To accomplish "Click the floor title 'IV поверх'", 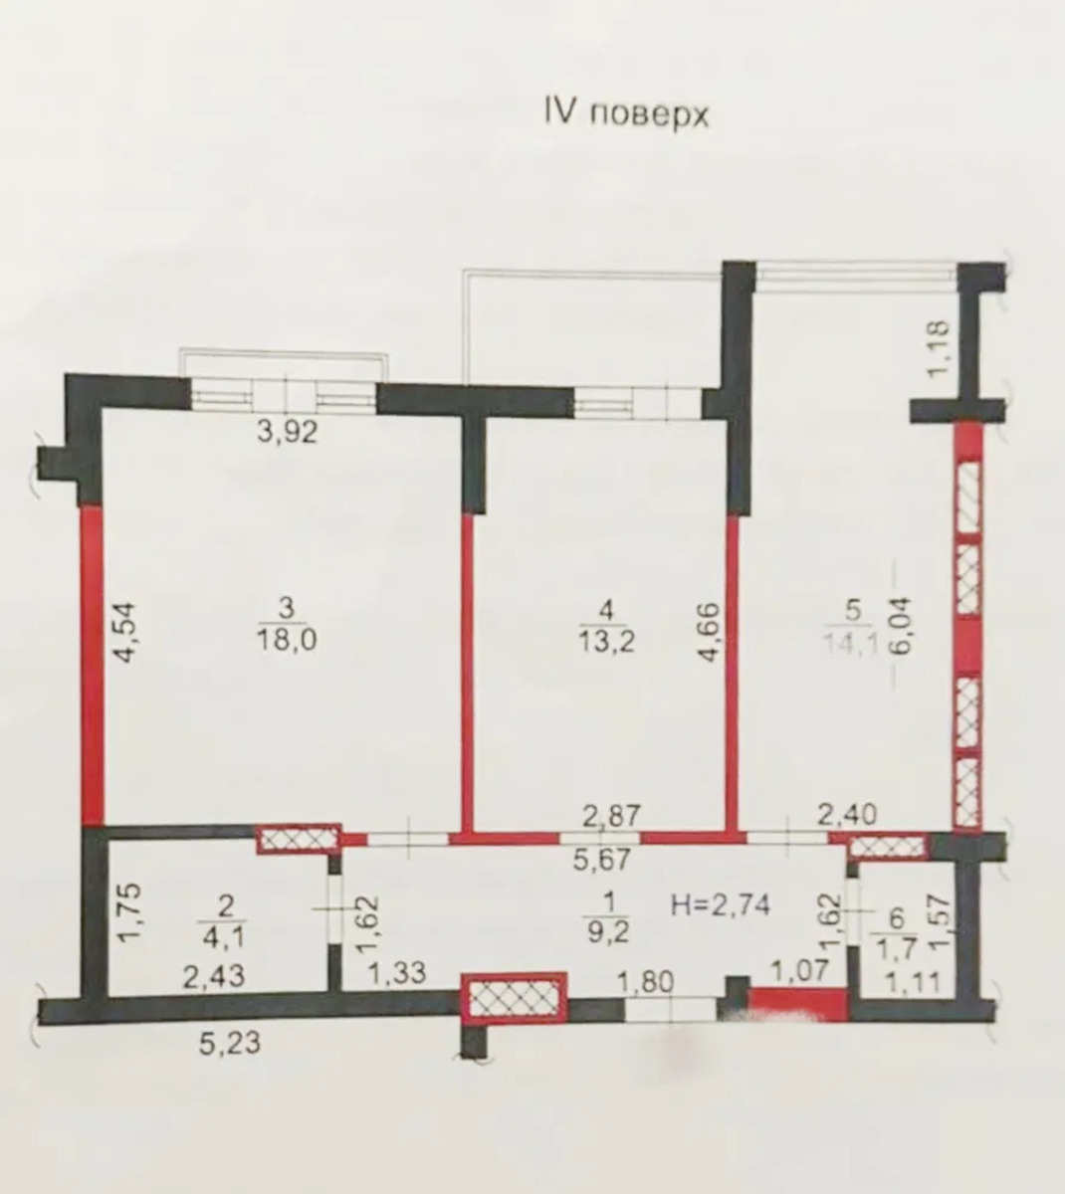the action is click(626, 113).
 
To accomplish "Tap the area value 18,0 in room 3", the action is click(287, 640).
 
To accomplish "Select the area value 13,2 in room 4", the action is click(607, 641).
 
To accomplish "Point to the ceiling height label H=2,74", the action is click(721, 904).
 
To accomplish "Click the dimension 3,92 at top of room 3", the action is click(289, 432).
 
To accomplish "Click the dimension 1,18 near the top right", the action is click(938, 349).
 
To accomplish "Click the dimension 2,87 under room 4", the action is click(611, 816).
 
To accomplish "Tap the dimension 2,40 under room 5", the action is click(847, 815).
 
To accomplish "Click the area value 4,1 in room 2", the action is click(225, 936).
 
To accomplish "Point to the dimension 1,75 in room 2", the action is click(131, 912).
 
